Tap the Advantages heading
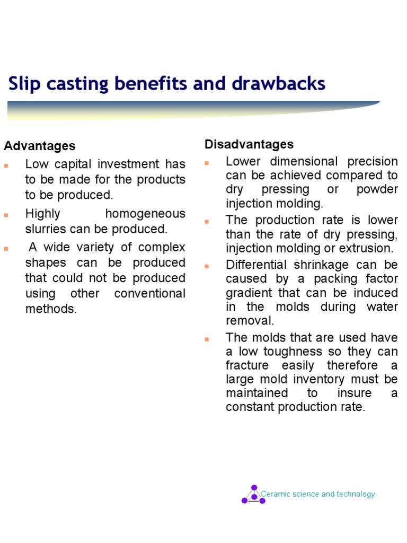(40, 146)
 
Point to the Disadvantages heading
(249, 144)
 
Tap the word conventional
(150, 293)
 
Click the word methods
(51, 309)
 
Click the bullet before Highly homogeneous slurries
(6, 215)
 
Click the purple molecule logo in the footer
(254, 495)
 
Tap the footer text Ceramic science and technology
(318, 494)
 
